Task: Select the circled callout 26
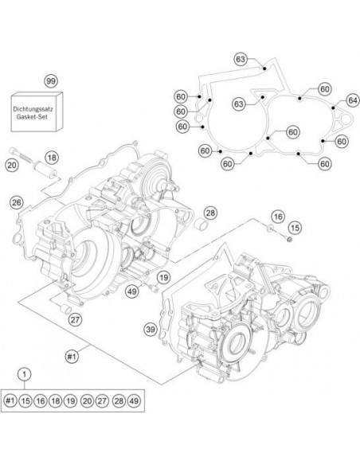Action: pos(16,202)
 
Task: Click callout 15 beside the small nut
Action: pos(295,228)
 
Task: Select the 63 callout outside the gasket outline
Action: pos(240,58)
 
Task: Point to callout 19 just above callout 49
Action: pos(162,277)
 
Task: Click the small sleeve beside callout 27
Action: pos(68,308)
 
